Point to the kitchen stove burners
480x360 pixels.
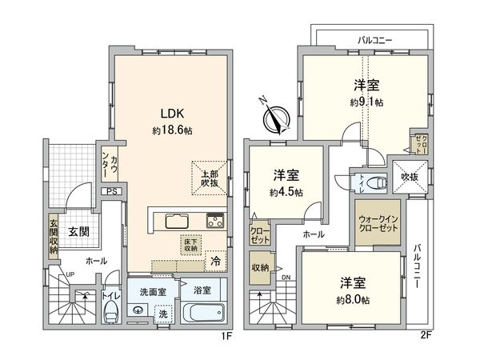216,221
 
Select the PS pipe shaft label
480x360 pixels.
112,191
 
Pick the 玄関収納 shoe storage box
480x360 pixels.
54,237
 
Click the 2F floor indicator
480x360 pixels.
426,336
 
